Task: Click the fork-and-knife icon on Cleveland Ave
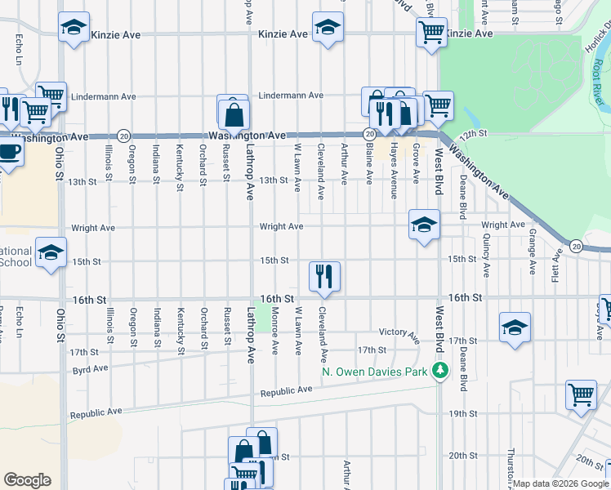click(x=325, y=277)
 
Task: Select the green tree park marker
click(x=441, y=372)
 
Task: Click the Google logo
click(x=28, y=480)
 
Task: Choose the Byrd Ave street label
click(x=89, y=368)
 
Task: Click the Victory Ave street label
click(x=399, y=333)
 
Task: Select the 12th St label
click(x=472, y=132)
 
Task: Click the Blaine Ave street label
click(x=369, y=164)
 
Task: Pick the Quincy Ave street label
click(x=486, y=257)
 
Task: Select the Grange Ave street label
click(x=532, y=252)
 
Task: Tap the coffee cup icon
click(x=9, y=151)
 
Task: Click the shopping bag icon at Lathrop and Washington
click(x=234, y=114)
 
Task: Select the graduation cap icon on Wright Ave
click(x=424, y=225)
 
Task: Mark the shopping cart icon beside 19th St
click(x=581, y=395)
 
